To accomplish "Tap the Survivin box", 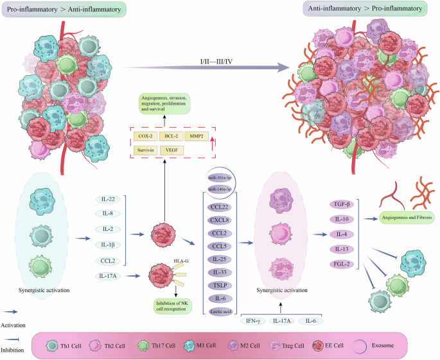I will [145, 150].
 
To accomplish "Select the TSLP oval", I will [220, 284].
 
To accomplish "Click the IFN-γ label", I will [252, 320].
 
